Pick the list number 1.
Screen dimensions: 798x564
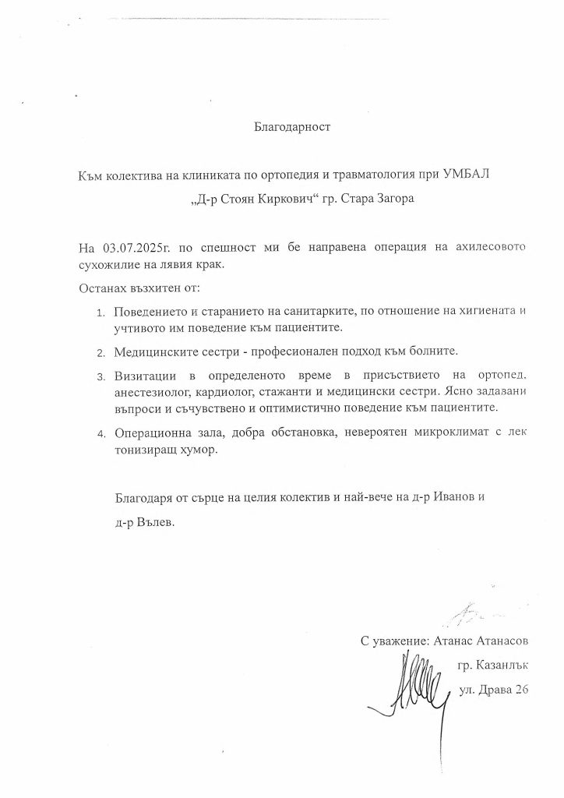click(100, 313)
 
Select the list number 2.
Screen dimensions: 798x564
click(100, 353)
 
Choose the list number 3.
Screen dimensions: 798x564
click(100, 378)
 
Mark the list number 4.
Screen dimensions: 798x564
click(100, 433)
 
